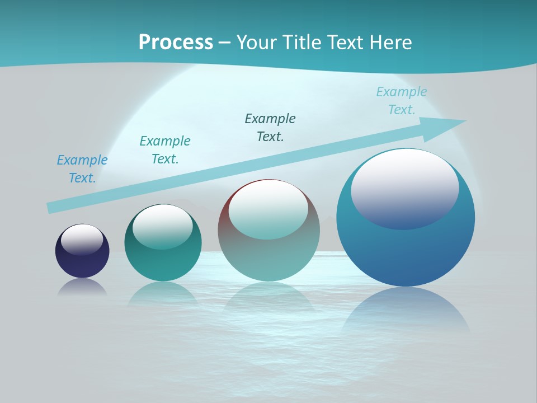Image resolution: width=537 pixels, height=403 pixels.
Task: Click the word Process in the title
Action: point(176,42)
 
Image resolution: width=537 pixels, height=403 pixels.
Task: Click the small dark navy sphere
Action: point(82,260)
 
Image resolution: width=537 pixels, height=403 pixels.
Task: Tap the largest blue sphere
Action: point(406,252)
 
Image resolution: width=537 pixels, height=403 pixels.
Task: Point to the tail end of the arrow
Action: point(51,208)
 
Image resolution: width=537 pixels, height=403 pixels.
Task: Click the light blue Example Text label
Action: point(402,101)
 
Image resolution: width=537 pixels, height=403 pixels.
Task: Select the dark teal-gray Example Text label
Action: point(270,128)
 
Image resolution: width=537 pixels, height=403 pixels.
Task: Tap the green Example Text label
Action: point(165,150)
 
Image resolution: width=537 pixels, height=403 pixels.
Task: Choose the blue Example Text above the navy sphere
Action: point(82,169)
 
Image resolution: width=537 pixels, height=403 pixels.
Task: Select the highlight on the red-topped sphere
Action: point(268,209)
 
